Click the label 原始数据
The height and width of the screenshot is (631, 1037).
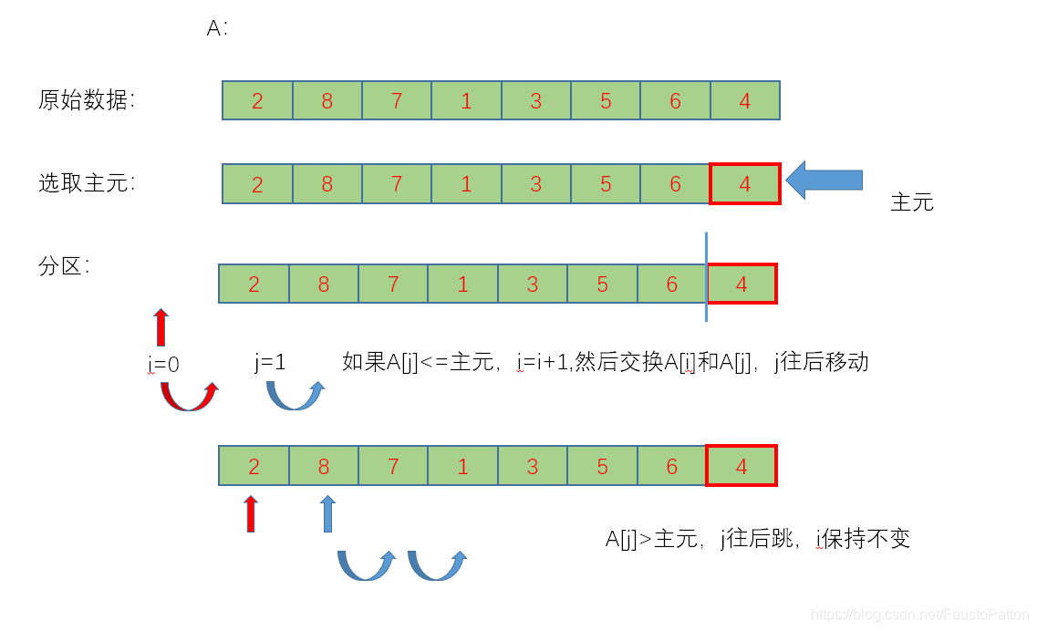click(86, 100)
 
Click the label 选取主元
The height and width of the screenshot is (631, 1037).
click(86, 183)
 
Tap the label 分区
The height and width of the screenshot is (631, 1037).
click(63, 267)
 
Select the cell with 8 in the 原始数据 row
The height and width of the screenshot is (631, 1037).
click(327, 100)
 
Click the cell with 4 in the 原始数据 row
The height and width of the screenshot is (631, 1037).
click(745, 100)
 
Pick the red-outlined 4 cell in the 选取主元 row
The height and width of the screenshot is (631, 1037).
click(745, 183)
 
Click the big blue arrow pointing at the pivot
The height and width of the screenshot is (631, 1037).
click(824, 180)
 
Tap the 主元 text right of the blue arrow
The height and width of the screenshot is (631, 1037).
click(912, 202)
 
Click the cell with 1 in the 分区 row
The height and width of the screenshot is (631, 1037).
click(463, 284)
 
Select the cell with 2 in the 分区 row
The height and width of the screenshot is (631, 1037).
click(254, 284)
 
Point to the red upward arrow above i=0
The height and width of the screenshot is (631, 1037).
click(161, 327)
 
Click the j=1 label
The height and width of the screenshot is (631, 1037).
click(270, 362)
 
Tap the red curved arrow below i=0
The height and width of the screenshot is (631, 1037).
click(190, 398)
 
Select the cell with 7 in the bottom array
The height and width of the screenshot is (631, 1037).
click(393, 466)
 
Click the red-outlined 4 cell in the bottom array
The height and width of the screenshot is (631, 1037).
click(741, 466)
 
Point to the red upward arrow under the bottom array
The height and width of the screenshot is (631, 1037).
click(251, 513)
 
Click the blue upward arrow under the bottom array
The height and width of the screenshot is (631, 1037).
click(327, 513)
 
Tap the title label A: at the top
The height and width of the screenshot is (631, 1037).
click(217, 28)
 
